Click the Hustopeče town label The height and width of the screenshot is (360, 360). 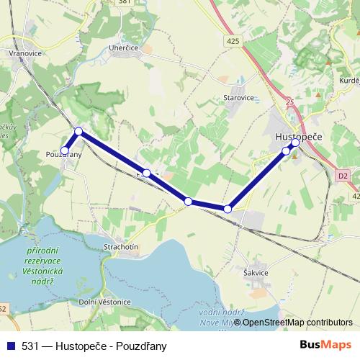click(299, 135)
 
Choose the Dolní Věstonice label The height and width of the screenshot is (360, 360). click(104, 302)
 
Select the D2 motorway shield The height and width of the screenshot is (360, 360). click(343, 174)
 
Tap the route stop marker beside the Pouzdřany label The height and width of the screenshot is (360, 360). click(65, 150)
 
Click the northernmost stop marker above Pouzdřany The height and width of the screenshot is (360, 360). click(78, 131)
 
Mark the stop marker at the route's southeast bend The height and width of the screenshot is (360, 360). click(228, 209)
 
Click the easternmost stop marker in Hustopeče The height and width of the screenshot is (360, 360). click(295, 143)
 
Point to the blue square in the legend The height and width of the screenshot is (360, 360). click(9, 345)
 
